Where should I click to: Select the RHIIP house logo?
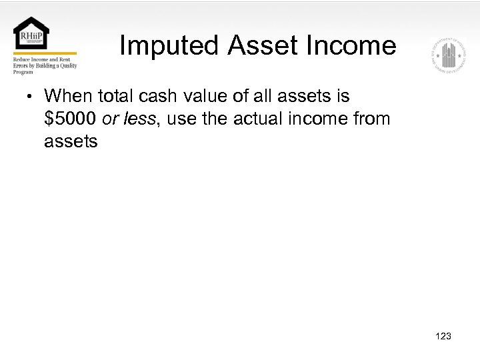(x=31, y=34)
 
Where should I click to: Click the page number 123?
(x=442, y=336)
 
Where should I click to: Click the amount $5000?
(x=71, y=119)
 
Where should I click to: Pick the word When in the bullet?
(x=69, y=97)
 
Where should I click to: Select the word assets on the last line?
(x=71, y=142)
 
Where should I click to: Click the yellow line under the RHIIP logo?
(x=45, y=54)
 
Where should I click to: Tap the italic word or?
(x=110, y=119)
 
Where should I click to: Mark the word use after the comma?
(x=185, y=119)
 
